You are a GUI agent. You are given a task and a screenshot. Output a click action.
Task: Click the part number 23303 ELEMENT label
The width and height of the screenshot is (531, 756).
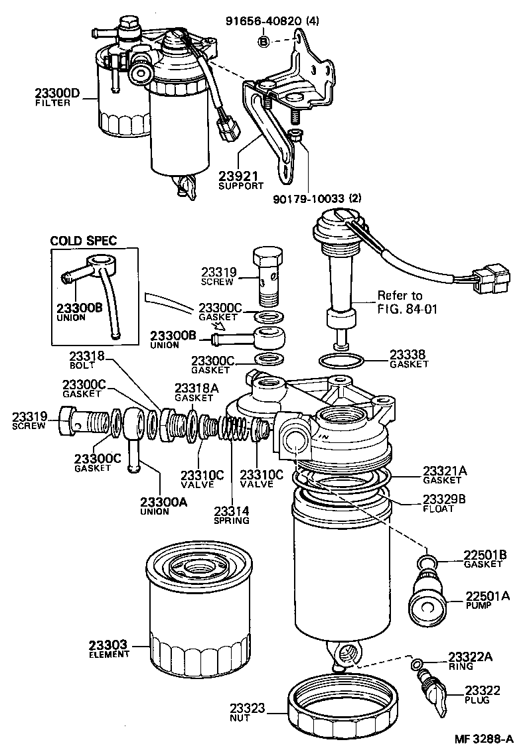pos(110,649)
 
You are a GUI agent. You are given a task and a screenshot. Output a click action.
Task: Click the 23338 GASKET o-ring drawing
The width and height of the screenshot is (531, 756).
pos(341,361)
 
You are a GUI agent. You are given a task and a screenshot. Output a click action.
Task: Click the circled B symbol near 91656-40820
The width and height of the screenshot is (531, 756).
pos(264,42)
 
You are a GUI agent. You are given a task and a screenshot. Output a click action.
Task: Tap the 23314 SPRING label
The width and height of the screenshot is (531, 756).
pos(232,515)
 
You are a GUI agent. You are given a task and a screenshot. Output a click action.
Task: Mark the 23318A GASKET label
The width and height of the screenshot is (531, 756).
pos(193,392)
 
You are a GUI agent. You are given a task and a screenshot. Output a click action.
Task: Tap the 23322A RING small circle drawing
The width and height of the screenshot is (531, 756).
pos(416,664)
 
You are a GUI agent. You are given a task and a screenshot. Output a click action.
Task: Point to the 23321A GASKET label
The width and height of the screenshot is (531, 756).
pos(445,475)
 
